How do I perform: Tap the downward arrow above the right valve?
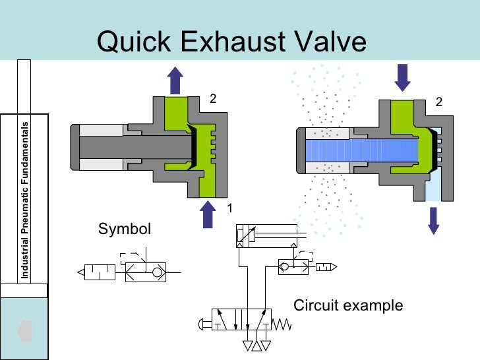(402, 76)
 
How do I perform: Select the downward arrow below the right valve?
(433, 220)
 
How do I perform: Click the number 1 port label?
(230, 208)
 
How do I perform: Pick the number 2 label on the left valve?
(213, 99)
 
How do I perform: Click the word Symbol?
(125, 229)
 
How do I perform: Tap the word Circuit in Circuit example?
(315, 306)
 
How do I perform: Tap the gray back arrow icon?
(24, 328)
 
